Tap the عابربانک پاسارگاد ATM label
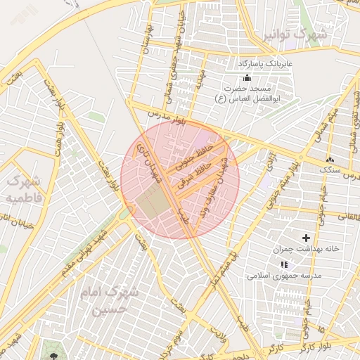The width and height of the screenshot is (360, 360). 264,63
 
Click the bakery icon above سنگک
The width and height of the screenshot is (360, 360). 329,159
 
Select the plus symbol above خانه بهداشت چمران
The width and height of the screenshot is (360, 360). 306,238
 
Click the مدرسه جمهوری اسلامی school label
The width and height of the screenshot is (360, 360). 284,276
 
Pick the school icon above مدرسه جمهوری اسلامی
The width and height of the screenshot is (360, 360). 284,264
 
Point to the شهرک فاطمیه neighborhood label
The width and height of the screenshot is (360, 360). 24,190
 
